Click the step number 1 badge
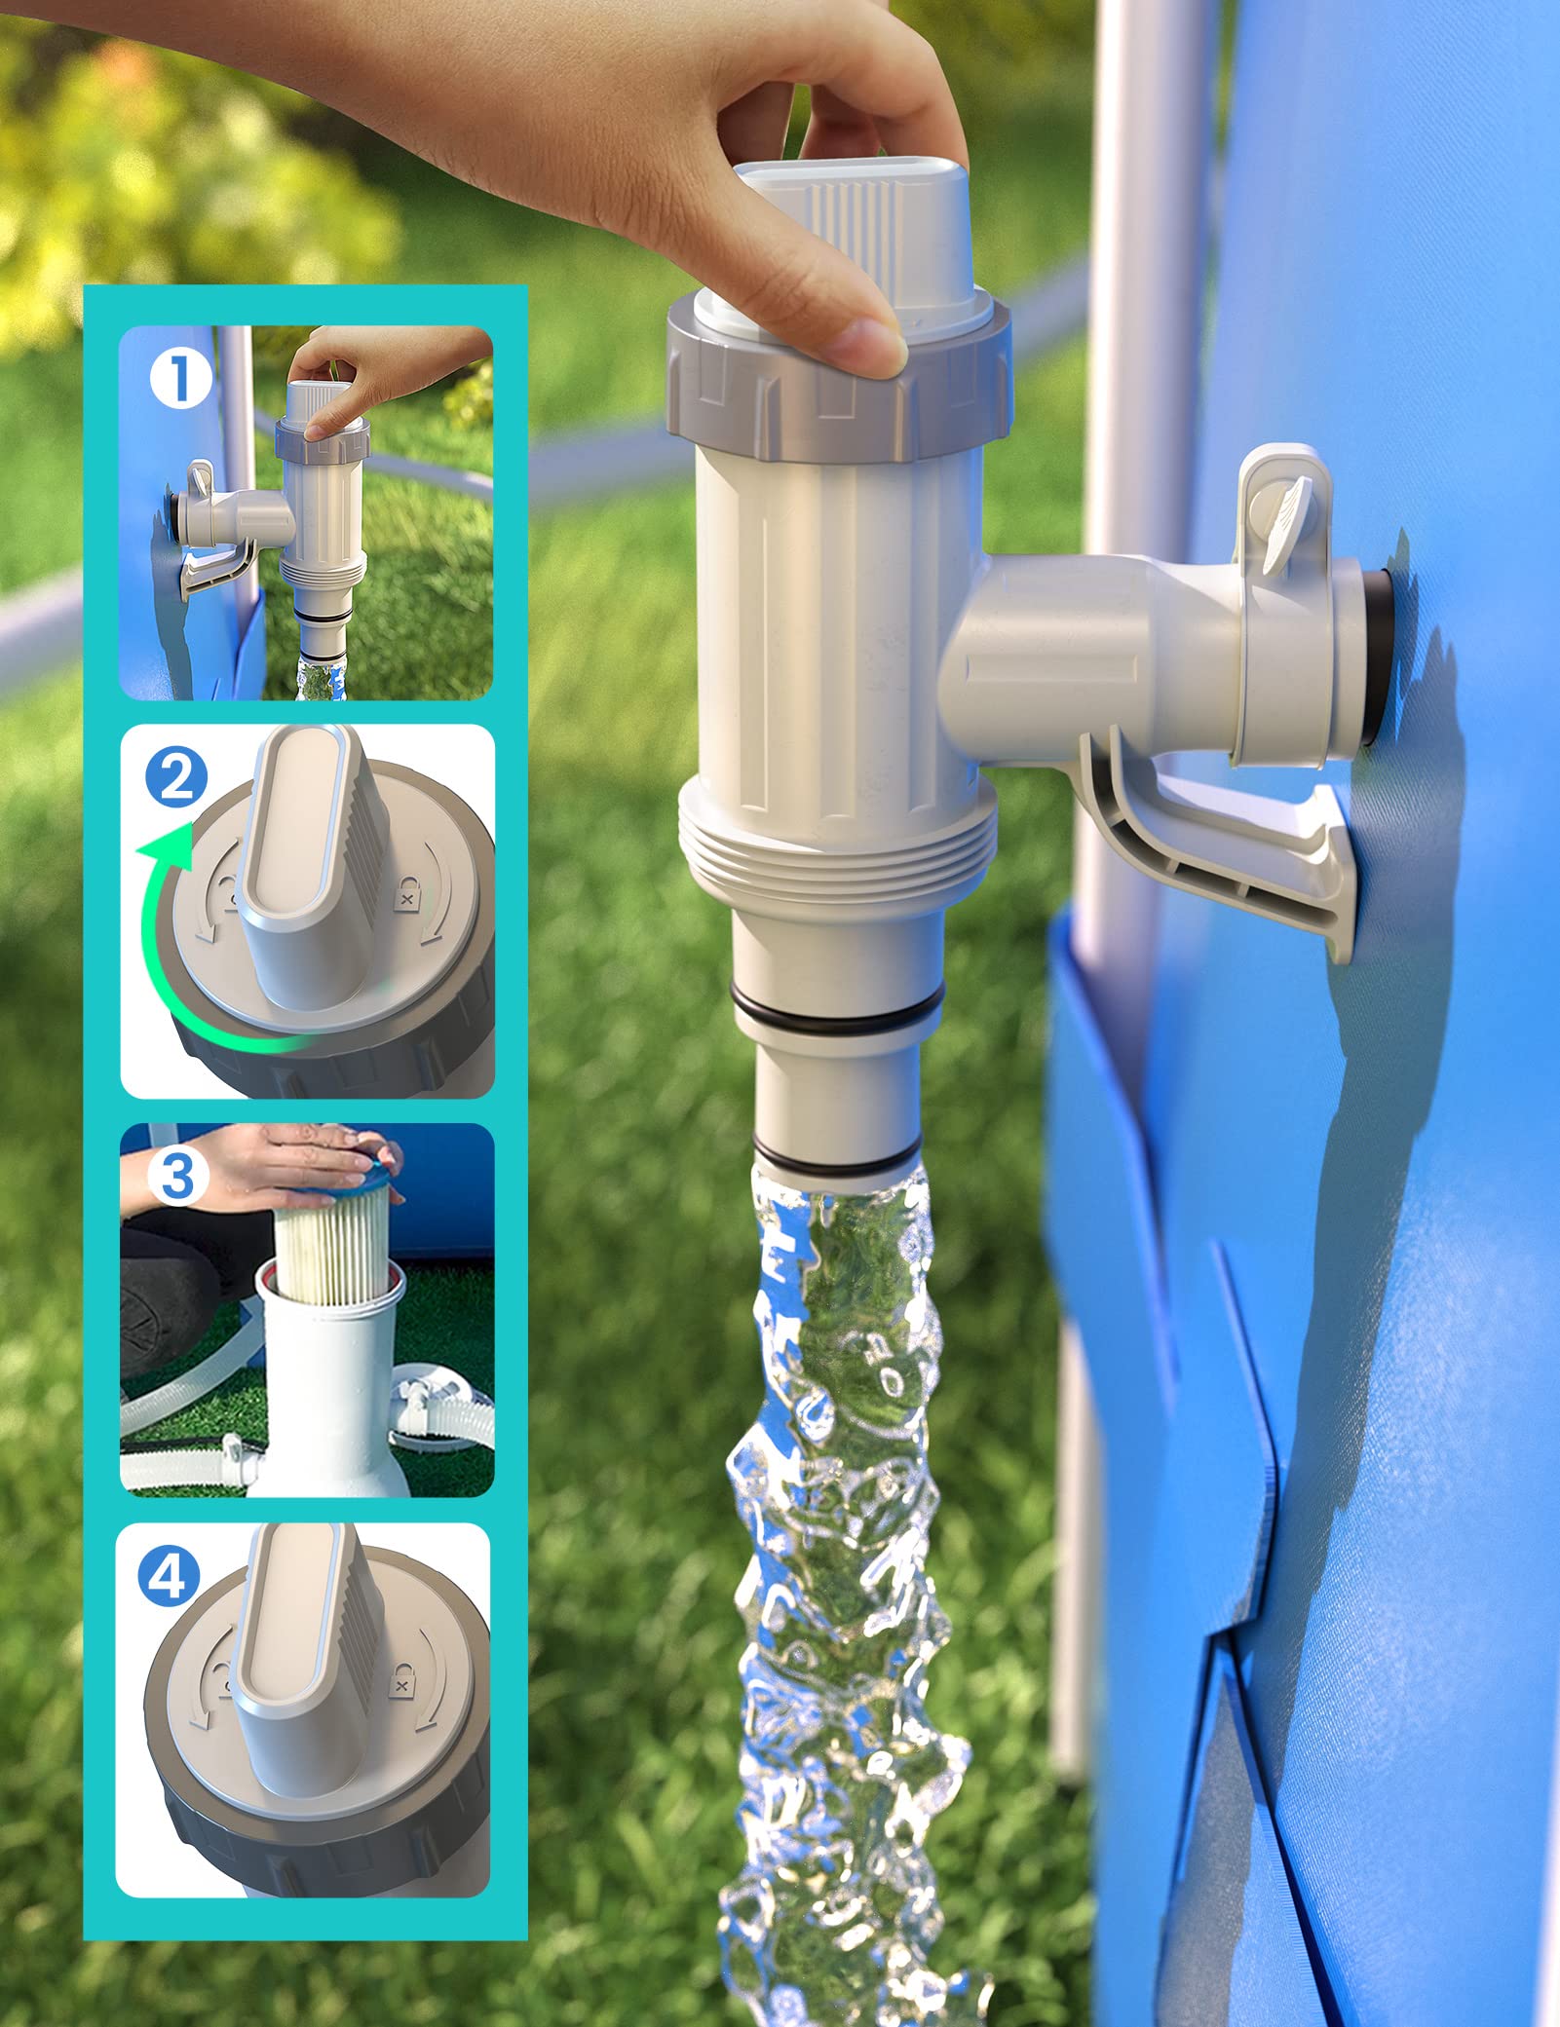point(181,378)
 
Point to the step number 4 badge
point(169,1576)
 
